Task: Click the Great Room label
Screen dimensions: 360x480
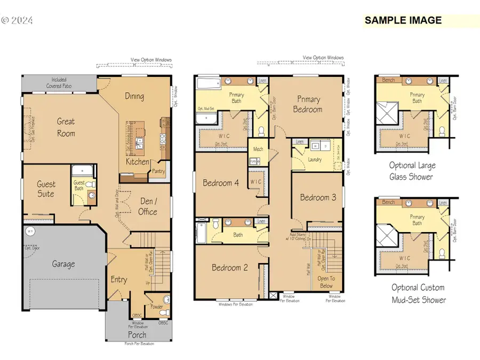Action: tap(66, 127)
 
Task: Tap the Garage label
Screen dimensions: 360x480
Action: tap(63, 263)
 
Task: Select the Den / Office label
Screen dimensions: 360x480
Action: tap(148, 206)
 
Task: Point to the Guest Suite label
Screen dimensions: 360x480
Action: tap(46, 189)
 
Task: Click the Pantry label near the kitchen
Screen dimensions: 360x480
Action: tap(158, 172)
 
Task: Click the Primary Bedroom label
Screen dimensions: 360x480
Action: tap(308, 104)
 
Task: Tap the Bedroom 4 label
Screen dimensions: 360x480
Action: tap(221, 183)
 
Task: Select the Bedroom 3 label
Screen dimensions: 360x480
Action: tap(318, 197)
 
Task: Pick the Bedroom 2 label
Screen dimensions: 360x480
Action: tap(229, 268)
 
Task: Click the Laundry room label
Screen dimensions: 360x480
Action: tap(315, 159)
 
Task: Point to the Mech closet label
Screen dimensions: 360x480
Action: tap(258, 150)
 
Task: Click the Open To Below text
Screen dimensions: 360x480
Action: tap(326, 282)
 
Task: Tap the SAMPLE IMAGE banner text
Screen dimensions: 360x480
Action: tap(403, 21)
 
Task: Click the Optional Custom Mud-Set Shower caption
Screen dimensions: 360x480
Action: tap(418, 293)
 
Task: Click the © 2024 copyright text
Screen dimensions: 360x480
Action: tap(18, 21)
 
